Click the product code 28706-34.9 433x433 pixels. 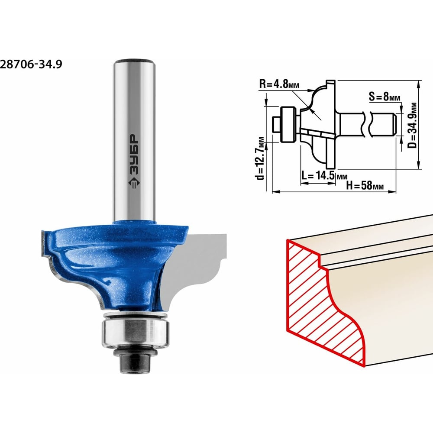[x=31, y=65]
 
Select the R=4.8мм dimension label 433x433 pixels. [x=279, y=84]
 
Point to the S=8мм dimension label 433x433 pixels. [x=385, y=97]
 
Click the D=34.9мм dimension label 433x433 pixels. [x=413, y=125]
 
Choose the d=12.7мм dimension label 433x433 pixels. [x=260, y=158]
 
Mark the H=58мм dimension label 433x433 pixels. [x=365, y=185]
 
